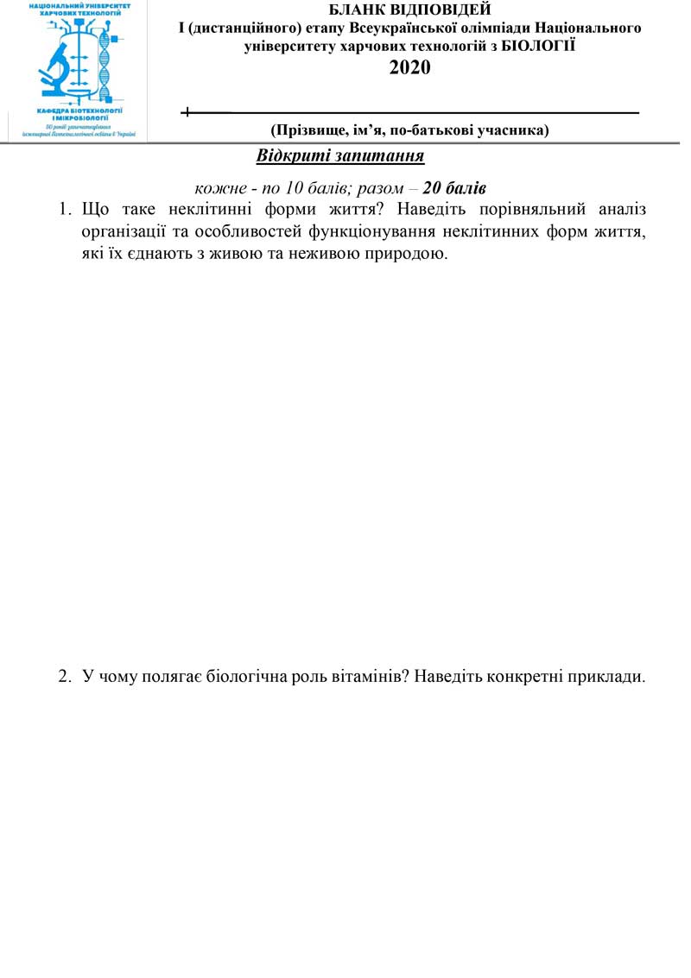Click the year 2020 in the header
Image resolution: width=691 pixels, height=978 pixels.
410,68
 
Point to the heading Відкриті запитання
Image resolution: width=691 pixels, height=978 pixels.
340,156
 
